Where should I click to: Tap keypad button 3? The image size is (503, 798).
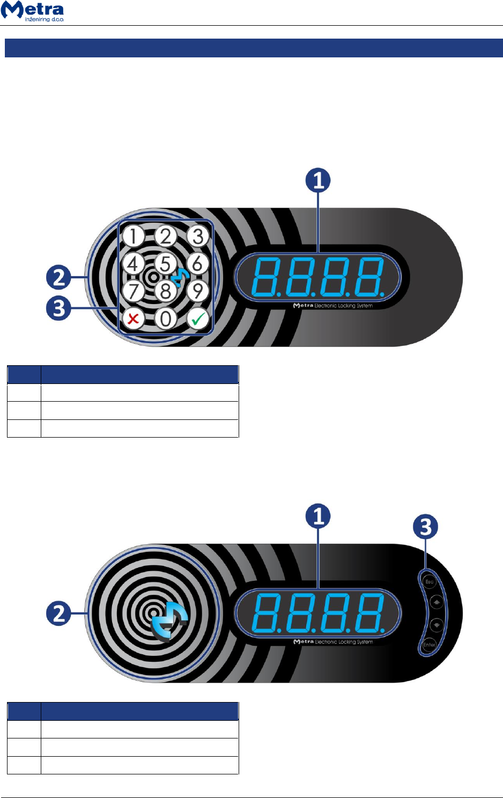[198, 236]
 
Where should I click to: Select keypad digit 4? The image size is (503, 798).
[133, 263]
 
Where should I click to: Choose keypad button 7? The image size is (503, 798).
[133, 291]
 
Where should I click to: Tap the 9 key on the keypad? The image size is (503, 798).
[198, 291]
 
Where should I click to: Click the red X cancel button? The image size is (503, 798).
[133, 319]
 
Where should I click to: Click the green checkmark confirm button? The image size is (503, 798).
[198, 319]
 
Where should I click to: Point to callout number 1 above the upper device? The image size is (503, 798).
[318, 180]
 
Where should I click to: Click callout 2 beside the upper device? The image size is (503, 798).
[58, 277]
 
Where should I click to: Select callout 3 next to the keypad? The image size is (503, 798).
[58, 308]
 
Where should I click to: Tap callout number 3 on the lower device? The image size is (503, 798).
[425, 527]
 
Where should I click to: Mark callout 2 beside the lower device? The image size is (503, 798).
[58, 613]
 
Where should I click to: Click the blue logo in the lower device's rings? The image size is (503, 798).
[169, 624]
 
